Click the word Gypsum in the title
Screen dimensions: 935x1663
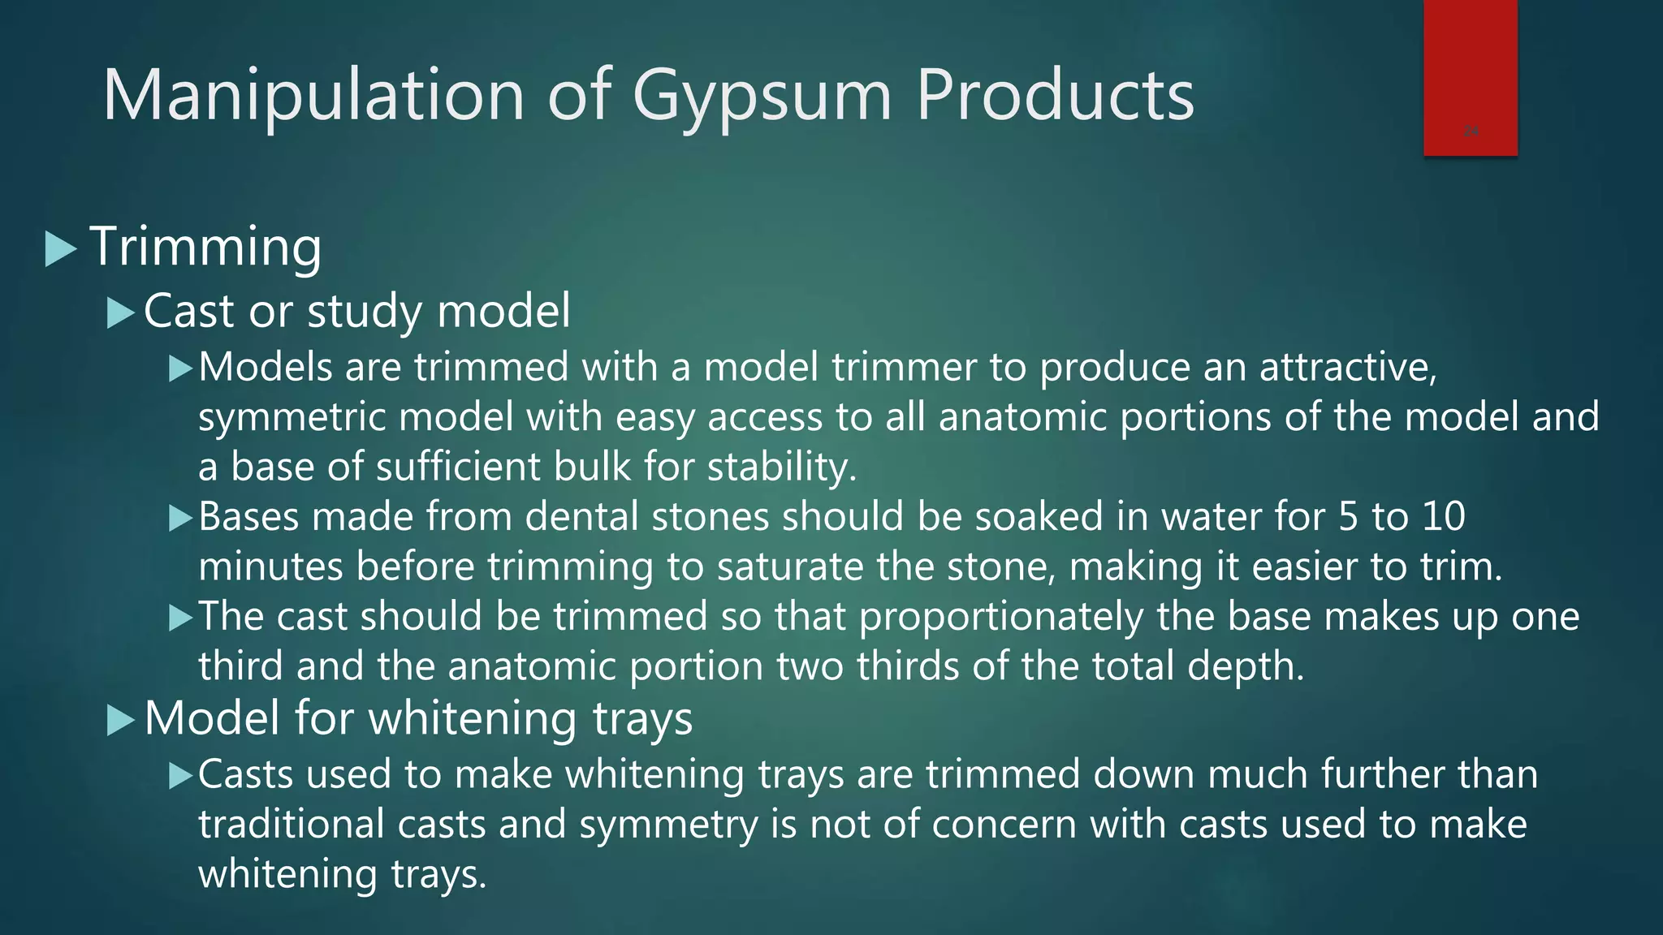pyautogui.click(x=762, y=97)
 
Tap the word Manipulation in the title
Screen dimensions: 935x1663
pyautogui.click(x=314, y=96)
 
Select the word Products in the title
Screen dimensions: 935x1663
pyautogui.click(x=1055, y=96)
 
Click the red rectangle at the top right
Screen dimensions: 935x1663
pyautogui.click(x=1470, y=77)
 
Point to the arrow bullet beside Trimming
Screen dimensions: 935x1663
pyautogui.click(x=61, y=249)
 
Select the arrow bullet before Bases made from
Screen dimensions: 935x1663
pyautogui.click(x=179, y=518)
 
